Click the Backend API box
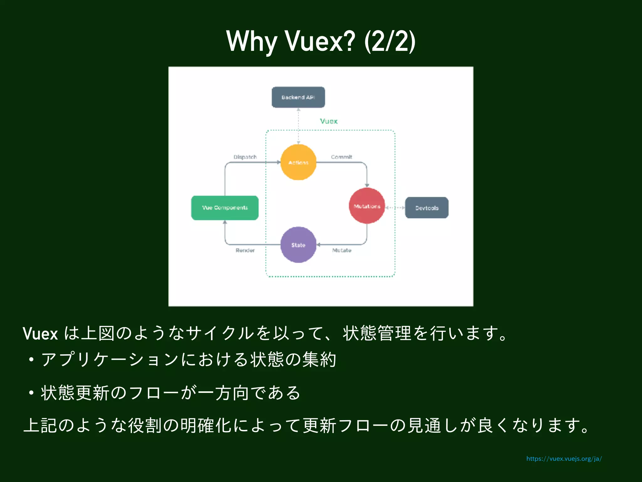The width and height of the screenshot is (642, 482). (x=298, y=97)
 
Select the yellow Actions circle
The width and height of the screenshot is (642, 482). (x=298, y=162)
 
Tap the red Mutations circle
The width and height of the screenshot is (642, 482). (x=367, y=206)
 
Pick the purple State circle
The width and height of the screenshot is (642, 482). (x=298, y=245)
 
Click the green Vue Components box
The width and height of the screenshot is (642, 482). (x=225, y=208)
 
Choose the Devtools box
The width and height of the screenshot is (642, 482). (x=427, y=208)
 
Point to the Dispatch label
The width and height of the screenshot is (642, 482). (x=245, y=157)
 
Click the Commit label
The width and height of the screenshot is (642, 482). (x=341, y=157)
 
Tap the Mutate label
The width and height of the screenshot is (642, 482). (x=342, y=250)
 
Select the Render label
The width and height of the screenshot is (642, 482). (x=245, y=250)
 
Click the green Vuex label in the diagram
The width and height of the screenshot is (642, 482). (x=329, y=121)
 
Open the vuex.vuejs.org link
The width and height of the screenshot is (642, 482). (x=564, y=459)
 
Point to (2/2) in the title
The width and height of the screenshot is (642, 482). (x=390, y=41)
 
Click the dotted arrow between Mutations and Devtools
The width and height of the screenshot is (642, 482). (x=395, y=207)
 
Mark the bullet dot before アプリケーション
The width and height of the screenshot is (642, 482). (x=31, y=360)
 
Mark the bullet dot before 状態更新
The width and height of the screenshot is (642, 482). (x=31, y=393)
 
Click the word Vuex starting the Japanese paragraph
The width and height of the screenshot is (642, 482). (x=40, y=334)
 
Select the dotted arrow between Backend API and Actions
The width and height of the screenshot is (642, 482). (x=298, y=126)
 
